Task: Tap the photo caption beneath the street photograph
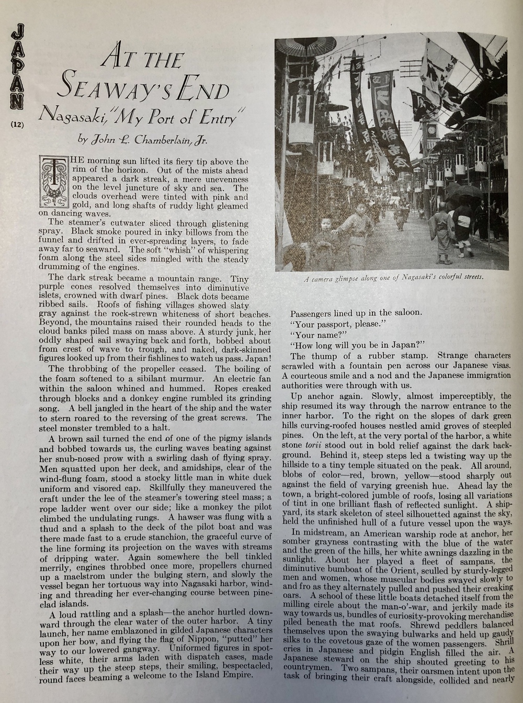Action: tap(393, 278)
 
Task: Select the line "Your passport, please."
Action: tap(337, 324)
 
